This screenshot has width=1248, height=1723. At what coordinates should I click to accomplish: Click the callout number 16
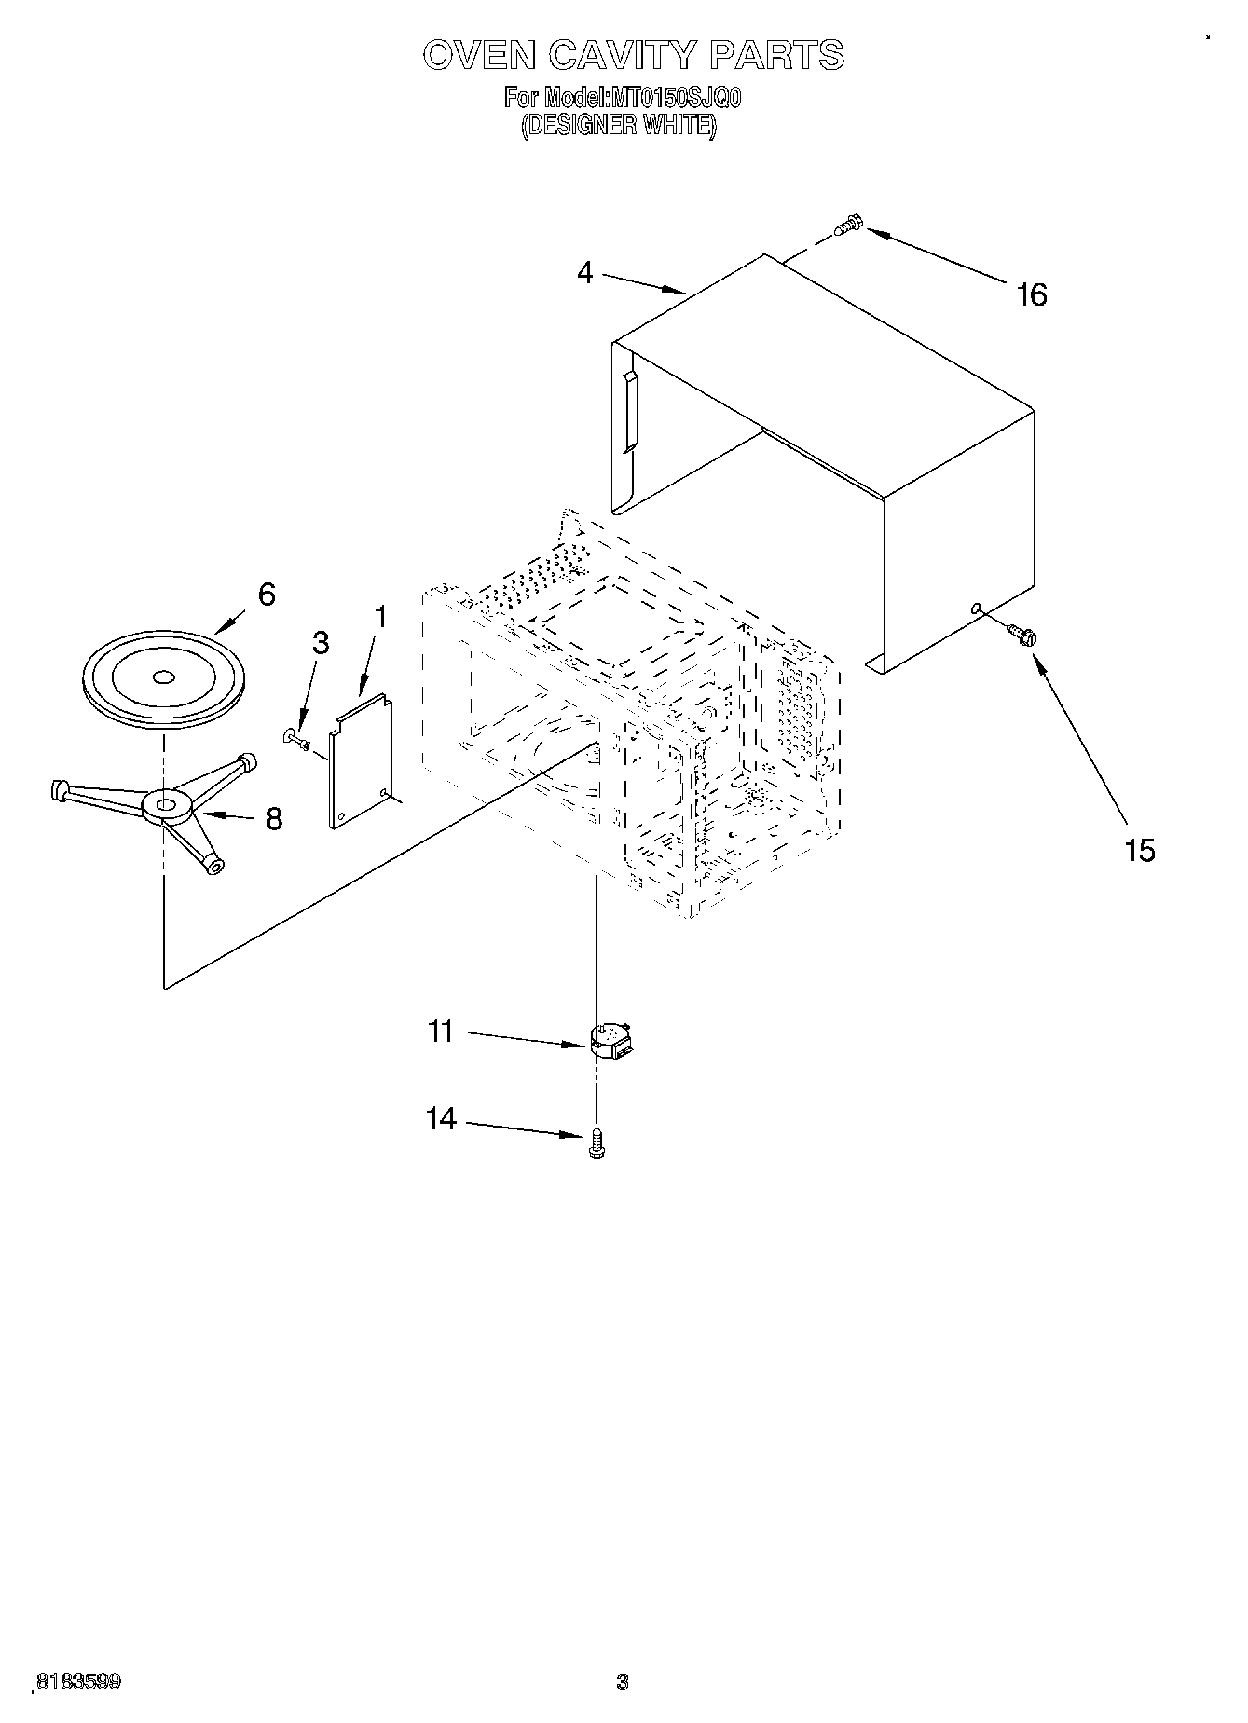(x=1032, y=294)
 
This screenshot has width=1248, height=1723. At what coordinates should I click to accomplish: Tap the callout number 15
(x=1140, y=850)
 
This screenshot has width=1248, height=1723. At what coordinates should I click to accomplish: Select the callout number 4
(x=584, y=273)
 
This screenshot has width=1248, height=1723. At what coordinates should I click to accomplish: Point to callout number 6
(x=267, y=595)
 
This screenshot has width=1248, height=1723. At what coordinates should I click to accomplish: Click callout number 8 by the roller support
(x=273, y=818)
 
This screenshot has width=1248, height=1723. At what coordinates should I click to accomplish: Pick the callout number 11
(x=441, y=1032)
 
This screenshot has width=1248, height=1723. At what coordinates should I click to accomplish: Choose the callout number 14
(x=441, y=1117)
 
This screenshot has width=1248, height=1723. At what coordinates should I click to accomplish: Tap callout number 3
(x=320, y=643)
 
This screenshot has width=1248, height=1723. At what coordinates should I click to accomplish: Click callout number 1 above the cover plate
(x=379, y=617)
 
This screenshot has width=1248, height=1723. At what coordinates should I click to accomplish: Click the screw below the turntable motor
(x=597, y=1143)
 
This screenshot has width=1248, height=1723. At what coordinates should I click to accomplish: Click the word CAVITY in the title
(x=622, y=55)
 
